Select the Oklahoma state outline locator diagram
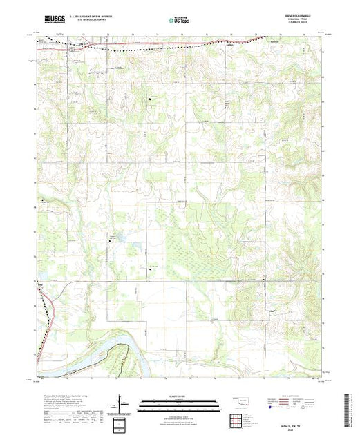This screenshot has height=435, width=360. coord(238,399)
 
